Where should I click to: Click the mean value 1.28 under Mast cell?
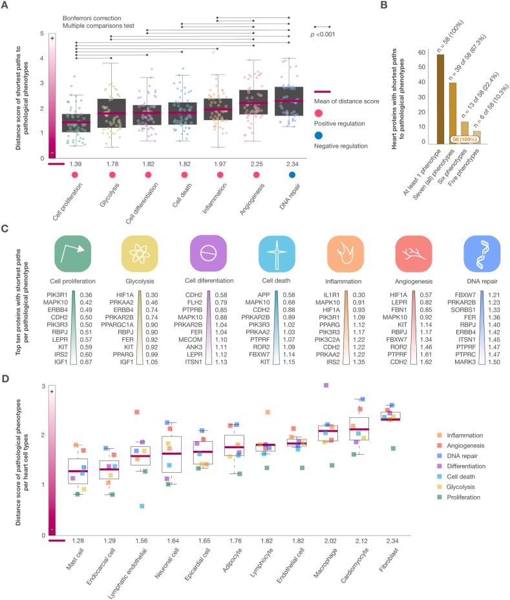click(x=78, y=539)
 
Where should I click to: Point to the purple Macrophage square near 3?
click(x=326, y=385)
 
